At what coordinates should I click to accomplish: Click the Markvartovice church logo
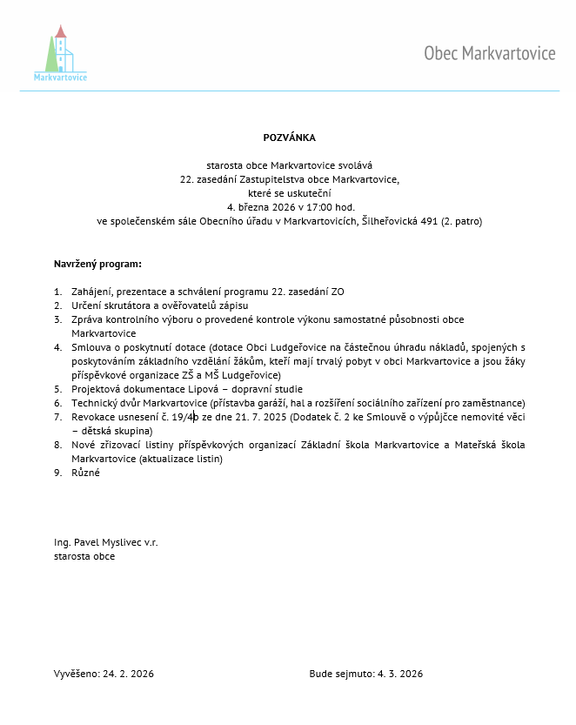pos(60,53)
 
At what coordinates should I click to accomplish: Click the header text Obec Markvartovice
pos(489,54)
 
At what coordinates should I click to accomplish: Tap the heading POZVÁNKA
pos(289,138)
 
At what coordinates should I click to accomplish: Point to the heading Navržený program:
pos(97,263)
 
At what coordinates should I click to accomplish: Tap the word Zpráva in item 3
pos(88,319)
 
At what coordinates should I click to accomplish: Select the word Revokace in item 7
pos(93,417)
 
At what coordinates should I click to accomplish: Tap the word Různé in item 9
pos(86,473)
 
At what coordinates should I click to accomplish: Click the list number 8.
pos(57,445)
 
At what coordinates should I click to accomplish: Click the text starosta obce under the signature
pos(84,556)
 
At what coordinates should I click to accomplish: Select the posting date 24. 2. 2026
pos(129,674)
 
